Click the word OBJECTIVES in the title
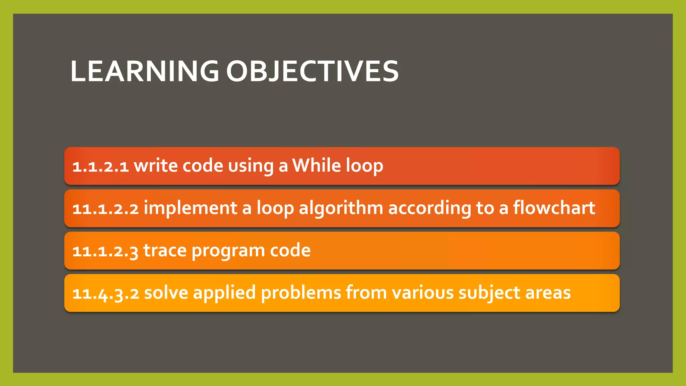(312, 71)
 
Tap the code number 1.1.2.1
(100, 166)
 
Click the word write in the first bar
(155, 166)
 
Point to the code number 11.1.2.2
(106, 208)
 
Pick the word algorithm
(341, 208)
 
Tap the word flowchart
(554, 208)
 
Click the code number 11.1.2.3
(105, 251)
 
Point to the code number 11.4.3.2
(106, 294)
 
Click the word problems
(300, 293)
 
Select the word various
(422, 293)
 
